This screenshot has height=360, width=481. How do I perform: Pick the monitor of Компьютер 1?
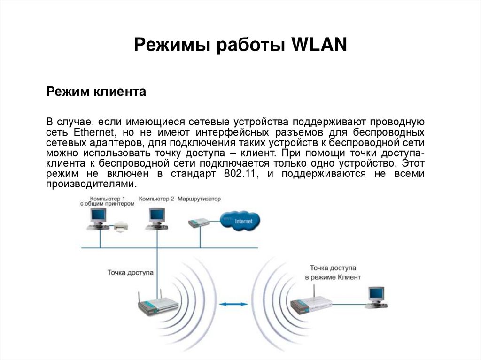(98, 216)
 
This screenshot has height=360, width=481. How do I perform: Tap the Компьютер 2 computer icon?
(155, 218)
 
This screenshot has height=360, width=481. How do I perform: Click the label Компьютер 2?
(156, 199)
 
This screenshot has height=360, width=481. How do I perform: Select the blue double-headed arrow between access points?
(233, 305)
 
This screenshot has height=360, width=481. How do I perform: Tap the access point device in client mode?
(310, 305)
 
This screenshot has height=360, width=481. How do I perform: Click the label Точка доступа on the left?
(130, 272)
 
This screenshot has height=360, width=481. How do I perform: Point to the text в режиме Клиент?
(333, 277)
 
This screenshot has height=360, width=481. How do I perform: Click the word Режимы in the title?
(171, 45)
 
